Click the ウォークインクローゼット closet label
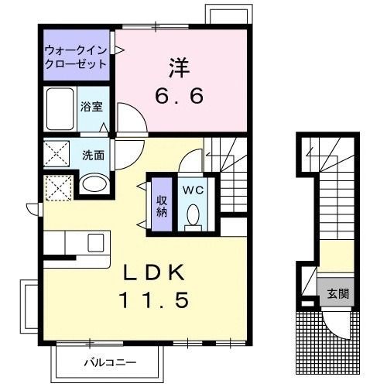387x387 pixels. [75, 57]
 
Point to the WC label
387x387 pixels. [194, 189]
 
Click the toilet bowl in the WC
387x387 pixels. [193, 214]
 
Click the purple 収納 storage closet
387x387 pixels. [161, 202]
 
